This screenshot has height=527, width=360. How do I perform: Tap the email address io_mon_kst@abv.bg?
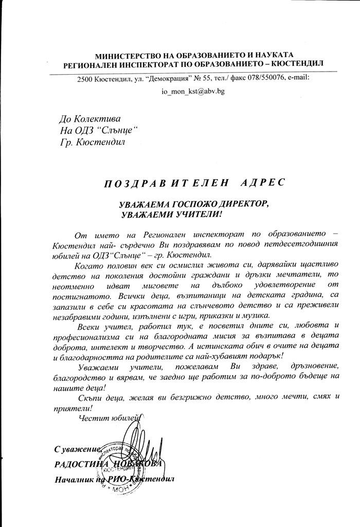coord(193,91)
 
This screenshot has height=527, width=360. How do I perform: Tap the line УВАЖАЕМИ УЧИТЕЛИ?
coord(174,213)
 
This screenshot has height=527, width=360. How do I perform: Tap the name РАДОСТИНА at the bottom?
coord(79,464)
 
